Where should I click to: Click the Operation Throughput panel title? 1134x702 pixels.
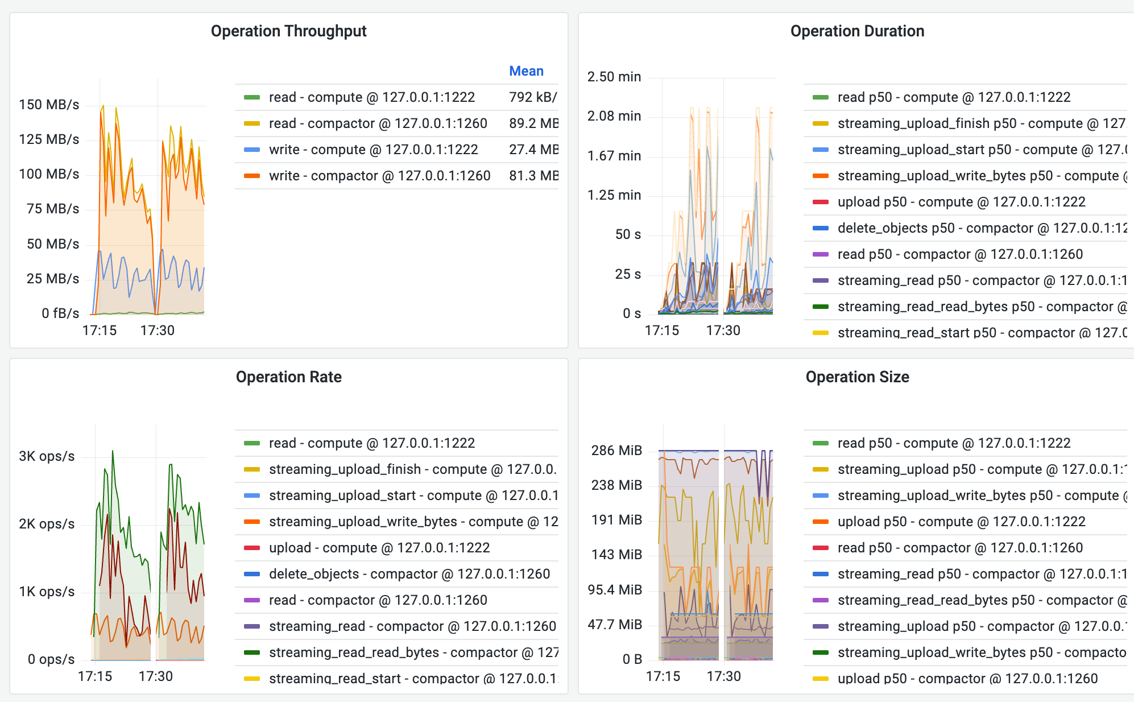pyautogui.click(x=288, y=31)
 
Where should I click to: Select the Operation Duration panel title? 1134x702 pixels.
pyautogui.click(x=857, y=31)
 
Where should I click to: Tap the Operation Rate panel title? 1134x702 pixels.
pyautogui.click(x=288, y=377)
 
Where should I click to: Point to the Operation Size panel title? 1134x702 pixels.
pyautogui.click(x=857, y=377)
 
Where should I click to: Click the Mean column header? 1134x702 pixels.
pyautogui.click(x=526, y=71)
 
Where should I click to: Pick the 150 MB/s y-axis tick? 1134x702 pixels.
pyautogui.click(x=49, y=105)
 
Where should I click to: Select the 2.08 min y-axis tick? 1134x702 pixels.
pyautogui.click(x=614, y=116)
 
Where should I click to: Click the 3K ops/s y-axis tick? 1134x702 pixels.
pyautogui.click(x=47, y=456)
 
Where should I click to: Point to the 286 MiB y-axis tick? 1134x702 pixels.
pyautogui.click(x=616, y=451)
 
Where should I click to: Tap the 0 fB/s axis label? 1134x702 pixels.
pyautogui.click(x=60, y=313)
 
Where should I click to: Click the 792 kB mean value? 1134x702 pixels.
pyautogui.click(x=533, y=97)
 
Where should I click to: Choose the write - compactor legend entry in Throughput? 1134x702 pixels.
pyautogui.click(x=379, y=176)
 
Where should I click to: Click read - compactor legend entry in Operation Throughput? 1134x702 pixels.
pyautogui.click(x=378, y=123)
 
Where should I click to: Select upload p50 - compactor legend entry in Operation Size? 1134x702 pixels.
pyautogui.click(x=967, y=679)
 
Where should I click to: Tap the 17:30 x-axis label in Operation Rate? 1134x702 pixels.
pyautogui.click(x=156, y=676)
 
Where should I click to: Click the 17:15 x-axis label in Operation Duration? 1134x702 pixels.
pyautogui.click(x=661, y=331)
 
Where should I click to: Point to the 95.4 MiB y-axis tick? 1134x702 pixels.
pyautogui.click(x=615, y=590)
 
